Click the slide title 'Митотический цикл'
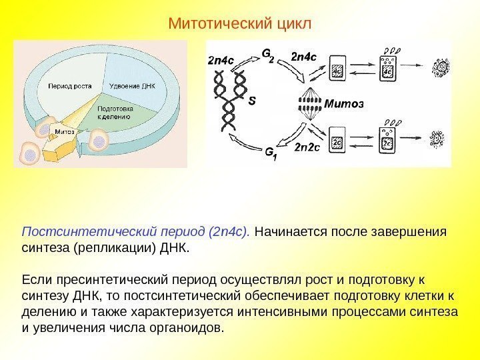click(239, 24)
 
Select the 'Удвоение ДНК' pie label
click(131, 86)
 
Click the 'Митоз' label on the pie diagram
click(65, 131)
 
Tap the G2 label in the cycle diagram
click(267, 53)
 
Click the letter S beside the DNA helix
click(251, 102)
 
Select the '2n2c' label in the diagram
click(307, 147)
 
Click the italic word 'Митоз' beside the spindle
click(345, 104)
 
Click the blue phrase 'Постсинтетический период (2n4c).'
click(136, 233)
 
